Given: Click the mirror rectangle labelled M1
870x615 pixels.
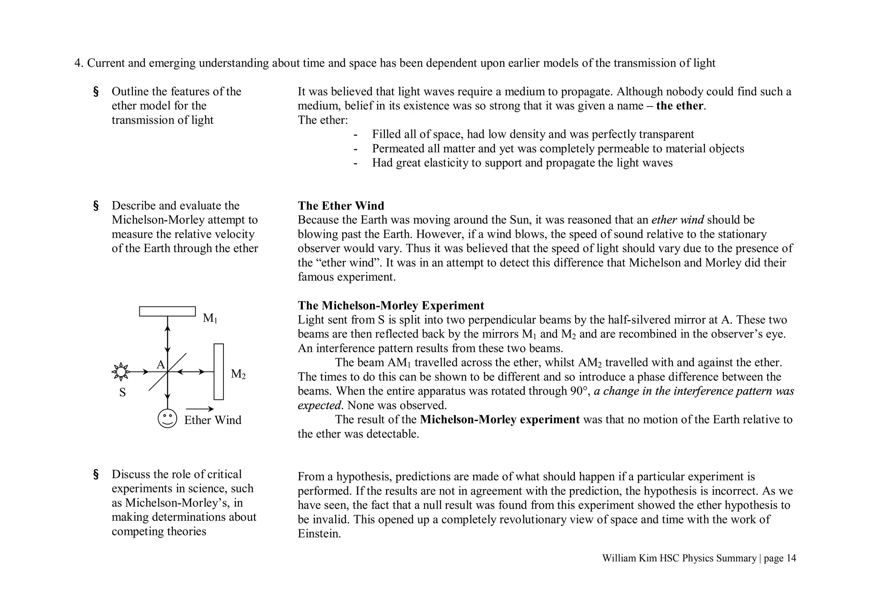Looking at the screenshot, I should pos(167,311).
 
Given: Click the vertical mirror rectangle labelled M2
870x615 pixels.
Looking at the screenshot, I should pos(218,371).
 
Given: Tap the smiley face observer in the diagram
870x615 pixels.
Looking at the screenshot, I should pos(167,418).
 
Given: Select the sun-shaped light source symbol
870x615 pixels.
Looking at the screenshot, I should pos(121,372).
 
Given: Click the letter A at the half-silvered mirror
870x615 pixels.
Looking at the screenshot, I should pos(161,365).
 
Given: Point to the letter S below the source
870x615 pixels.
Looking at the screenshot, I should pos(122,392).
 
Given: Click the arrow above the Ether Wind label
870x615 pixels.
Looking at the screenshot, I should pos(200,409).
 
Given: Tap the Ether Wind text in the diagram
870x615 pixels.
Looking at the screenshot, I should pos(212,420).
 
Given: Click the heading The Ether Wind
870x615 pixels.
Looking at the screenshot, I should pos(341,206).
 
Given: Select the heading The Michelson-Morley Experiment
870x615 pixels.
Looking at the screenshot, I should pos(391,306).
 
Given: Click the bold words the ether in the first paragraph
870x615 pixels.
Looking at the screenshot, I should pos(679,106).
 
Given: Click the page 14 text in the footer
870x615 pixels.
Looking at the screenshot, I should pos(780,558).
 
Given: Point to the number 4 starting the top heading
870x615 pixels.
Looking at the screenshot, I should pos(77,63).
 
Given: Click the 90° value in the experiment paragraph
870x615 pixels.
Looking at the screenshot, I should pos(579,391).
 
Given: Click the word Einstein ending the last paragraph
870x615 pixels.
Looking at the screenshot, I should pos(319,534).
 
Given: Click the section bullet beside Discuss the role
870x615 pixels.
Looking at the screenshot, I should pos(96,474).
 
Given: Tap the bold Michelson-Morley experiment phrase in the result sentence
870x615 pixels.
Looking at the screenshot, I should pos(500,420).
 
